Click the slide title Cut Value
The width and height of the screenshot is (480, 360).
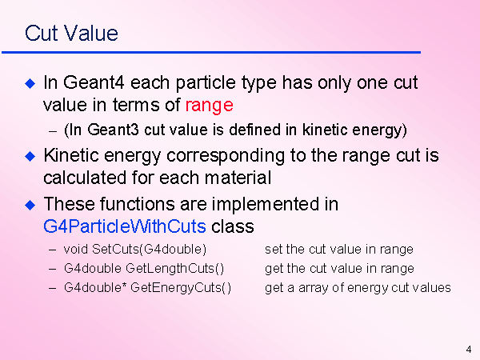click(x=71, y=33)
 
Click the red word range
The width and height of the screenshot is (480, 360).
click(x=210, y=106)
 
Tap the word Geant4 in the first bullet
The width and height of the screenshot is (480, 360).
click(x=94, y=83)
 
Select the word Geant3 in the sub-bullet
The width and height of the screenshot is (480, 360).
click(x=113, y=130)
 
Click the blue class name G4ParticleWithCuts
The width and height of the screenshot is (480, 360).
click(x=125, y=226)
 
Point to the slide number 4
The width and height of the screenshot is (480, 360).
click(x=469, y=350)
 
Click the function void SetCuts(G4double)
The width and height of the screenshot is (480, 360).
click(x=135, y=249)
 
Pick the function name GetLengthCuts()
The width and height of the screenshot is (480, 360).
click(x=174, y=269)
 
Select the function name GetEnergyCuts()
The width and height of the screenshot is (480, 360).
click(x=181, y=288)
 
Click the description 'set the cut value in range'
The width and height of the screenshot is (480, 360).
click(x=339, y=250)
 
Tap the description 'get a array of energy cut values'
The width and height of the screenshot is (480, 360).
click(x=358, y=288)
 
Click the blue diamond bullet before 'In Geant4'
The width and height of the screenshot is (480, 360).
click(x=30, y=83)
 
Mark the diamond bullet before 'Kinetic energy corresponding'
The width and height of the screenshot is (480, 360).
click(x=30, y=156)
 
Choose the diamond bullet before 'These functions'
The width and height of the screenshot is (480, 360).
click(x=30, y=205)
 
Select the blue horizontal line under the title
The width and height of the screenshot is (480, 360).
click(x=211, y=53)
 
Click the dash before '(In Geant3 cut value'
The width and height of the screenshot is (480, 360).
click(x=53, y=131)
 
